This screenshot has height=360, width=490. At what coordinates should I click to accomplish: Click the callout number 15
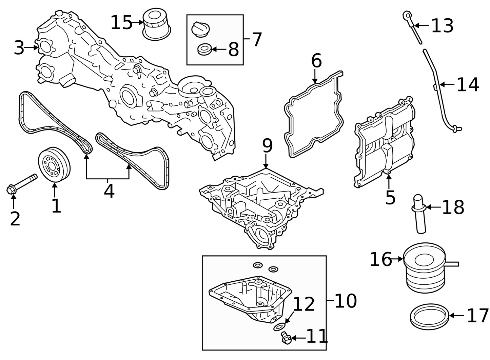121,23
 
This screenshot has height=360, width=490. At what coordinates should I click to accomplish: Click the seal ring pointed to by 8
204,49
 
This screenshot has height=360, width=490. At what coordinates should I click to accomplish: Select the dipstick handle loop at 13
407,15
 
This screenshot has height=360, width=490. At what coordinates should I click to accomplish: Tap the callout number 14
468,85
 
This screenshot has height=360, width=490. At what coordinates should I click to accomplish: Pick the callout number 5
390,198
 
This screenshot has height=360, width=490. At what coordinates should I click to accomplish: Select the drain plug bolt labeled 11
286,338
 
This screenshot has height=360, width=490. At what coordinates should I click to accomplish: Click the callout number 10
346,301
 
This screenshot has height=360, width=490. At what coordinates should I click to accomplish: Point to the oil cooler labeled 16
424,268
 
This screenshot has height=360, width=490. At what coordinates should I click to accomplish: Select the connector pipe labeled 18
419,214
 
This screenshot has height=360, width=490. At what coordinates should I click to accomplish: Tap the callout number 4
109,192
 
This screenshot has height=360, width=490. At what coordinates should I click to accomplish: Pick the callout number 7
257,39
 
